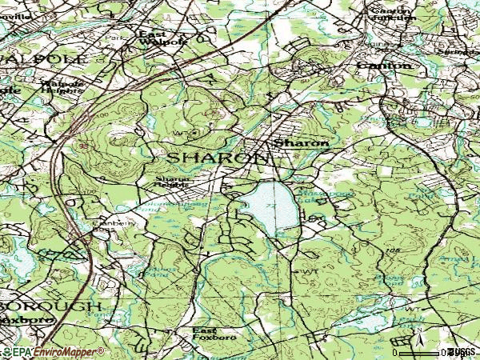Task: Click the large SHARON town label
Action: (217, 158)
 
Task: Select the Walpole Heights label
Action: (62, 85)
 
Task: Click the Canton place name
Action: (384, 65)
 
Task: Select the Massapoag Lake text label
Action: (314, 197)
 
